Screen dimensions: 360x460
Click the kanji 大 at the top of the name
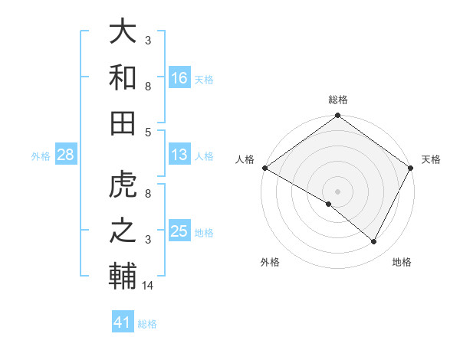(x=123, y=32)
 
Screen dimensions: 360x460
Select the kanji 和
(x=123, y=77)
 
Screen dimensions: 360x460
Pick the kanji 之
(x=123, y=231)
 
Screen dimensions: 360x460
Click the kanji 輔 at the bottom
(x=123, y=276)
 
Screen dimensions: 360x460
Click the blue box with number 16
(x=179, y=77)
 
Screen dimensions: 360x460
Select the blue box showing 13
(x=179, y=155)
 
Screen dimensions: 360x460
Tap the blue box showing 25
(x=179, y=231)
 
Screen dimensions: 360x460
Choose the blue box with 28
(x=65, y=155)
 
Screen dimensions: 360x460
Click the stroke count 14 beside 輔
(x=148, y=286)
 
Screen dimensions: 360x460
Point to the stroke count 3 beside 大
(x=148, y=38)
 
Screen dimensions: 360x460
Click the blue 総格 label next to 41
(x=147, y=324)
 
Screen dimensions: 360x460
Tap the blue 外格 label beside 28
(x=41, y=156)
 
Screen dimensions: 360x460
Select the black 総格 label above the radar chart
(x=337, y=100)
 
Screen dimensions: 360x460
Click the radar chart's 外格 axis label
(x=270, y=262)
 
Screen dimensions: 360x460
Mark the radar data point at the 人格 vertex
(x=264, y=168)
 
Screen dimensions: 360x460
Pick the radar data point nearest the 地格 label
(x=374, y=242)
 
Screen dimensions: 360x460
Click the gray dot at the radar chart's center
(x=337, y=191)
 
